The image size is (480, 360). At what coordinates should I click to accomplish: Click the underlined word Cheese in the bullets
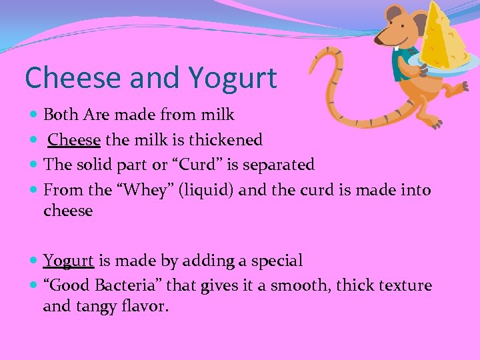pos(75,140)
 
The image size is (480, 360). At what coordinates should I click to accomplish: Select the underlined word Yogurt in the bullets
pos(69,261)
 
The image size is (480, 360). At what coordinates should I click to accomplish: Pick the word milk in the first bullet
pos(220,115)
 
